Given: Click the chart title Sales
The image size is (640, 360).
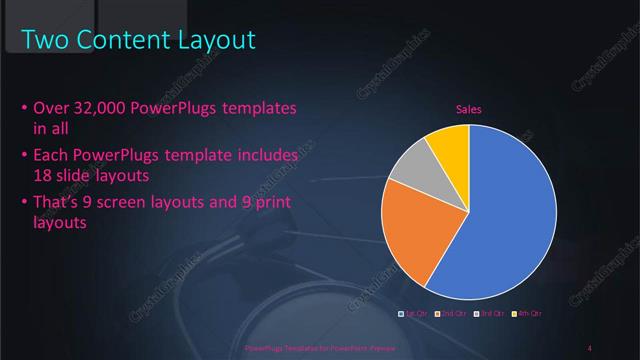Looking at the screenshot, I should click(x=469, y=110).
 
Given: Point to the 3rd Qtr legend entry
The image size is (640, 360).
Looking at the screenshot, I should click(x=490, y=314).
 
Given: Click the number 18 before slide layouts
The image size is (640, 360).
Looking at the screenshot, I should click(x=43, y=174).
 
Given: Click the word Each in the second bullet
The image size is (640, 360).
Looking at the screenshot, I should click(x=53, y=157).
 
